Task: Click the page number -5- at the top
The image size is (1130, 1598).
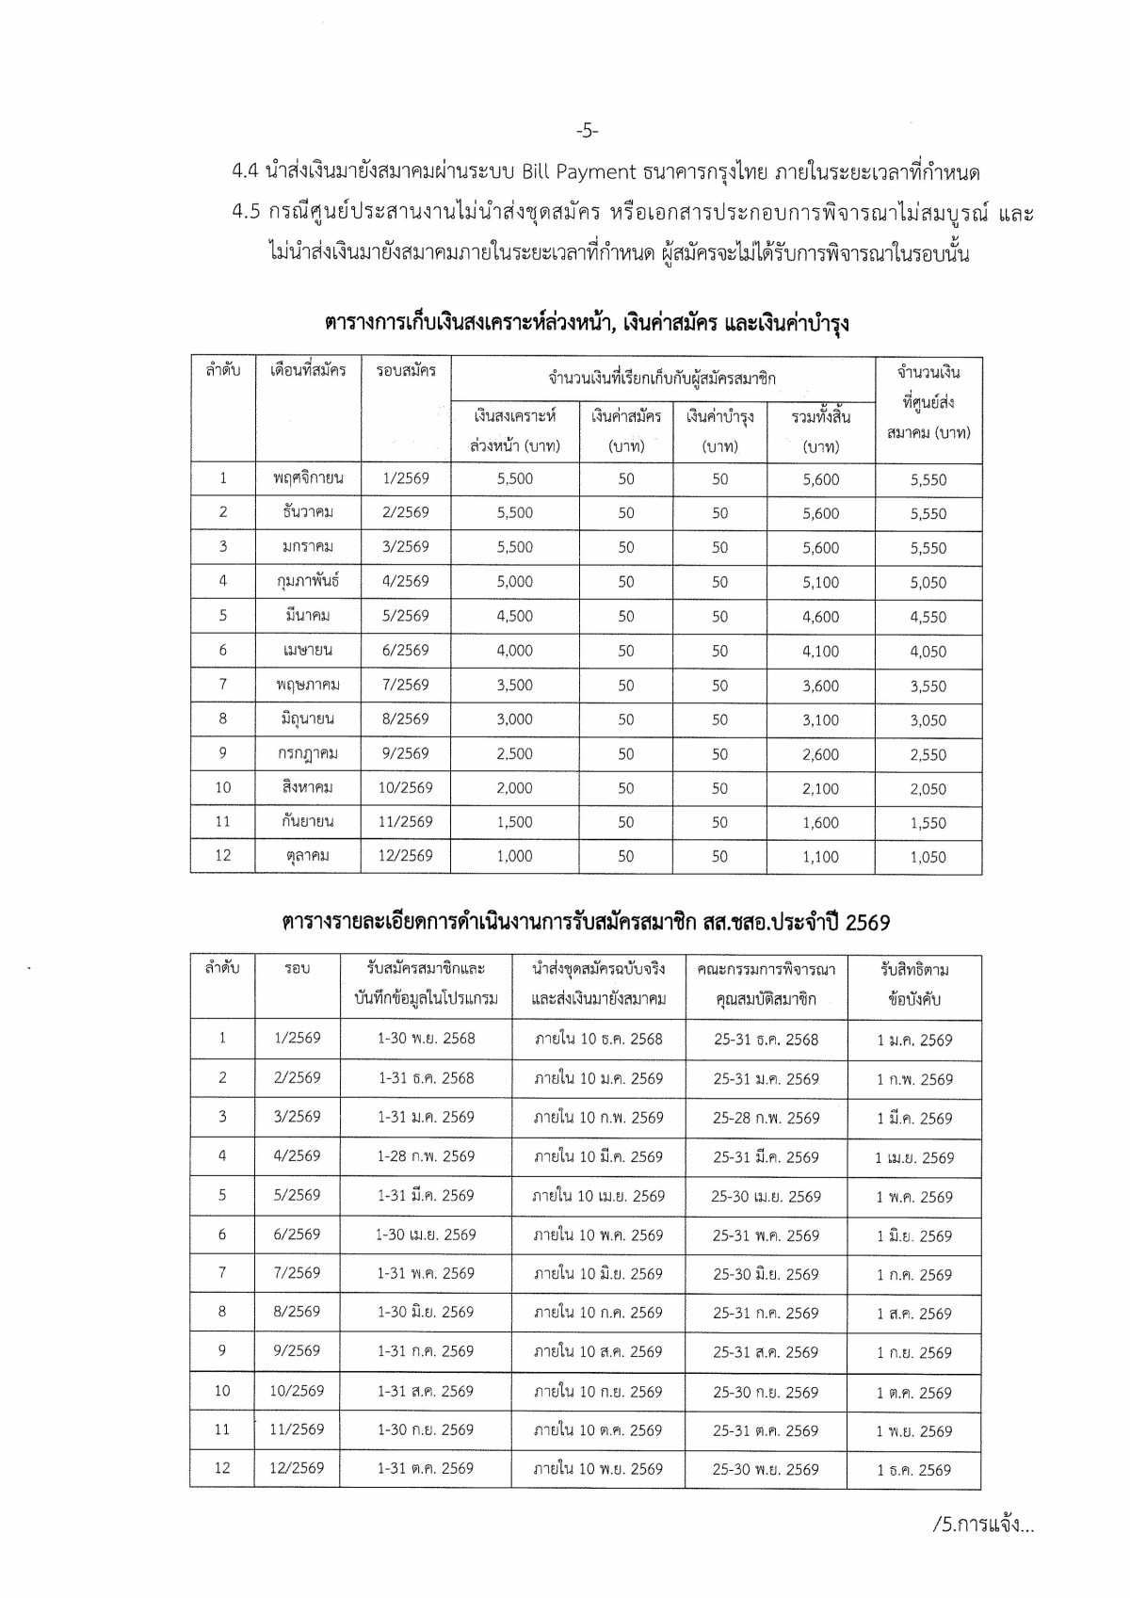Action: click(585, 131)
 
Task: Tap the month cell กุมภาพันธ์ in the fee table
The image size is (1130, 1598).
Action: click(308, 581)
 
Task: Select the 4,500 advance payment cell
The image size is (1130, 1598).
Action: click(514, 616)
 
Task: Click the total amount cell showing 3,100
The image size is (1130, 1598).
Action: click(820, 719)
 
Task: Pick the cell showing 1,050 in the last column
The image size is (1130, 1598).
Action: click(928, 857)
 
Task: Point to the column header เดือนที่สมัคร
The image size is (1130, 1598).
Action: click(308, 370)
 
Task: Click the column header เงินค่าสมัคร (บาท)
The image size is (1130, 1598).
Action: click(626, 430)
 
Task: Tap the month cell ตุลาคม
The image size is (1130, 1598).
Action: click(308, 856)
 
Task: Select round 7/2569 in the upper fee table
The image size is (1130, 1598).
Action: click(406, 685)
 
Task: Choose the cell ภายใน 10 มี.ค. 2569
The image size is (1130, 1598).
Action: click(598, 1156)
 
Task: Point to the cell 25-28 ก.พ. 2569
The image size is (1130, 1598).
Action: click(766, 1118)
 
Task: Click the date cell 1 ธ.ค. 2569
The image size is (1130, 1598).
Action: click(913, 1469)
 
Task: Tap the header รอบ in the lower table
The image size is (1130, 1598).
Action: click(297, 969)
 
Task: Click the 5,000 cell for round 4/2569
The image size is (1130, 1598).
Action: click(514, 581)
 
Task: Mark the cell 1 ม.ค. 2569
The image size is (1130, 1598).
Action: click(913, 1040)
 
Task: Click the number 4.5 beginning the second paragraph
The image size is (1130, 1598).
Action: click(245, 213)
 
